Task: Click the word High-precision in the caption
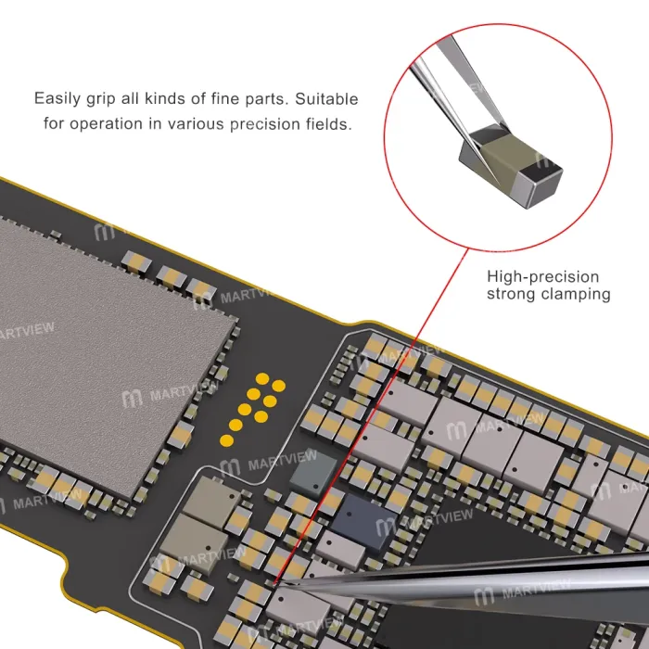pos(542,277)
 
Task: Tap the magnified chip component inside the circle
pos(510,166)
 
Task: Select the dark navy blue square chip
pos(363,522)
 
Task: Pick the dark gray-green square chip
pos(313,474)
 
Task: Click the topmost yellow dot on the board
pos(262,378)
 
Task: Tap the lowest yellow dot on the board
pos(226,440)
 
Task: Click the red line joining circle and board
pos(371,416)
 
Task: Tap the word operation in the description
pos(106,124)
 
